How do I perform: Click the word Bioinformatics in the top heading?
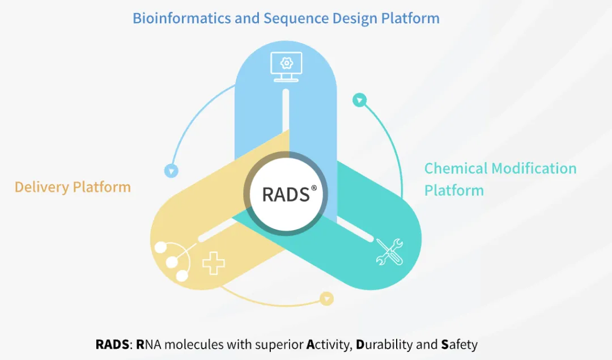(181, 18)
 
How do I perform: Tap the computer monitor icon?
(286, 67)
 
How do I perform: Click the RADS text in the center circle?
(286, 194)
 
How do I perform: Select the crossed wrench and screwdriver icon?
(390, 251)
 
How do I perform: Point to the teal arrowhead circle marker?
(359, 100)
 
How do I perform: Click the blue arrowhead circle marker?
(171, 170)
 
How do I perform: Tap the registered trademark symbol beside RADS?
(313, 187)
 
